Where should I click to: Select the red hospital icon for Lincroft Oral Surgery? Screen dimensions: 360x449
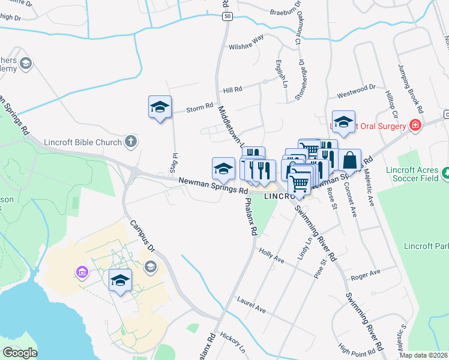(415, 125)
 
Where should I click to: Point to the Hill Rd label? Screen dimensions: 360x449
(232, 89)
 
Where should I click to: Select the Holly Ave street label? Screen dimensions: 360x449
(271, 256)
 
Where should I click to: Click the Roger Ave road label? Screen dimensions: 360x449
(366, 274)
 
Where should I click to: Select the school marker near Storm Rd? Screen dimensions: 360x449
(160, 107)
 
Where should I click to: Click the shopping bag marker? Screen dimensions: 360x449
(349, 160)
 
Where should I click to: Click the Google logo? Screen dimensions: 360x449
(20, 353)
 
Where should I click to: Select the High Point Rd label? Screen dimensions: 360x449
(360, 347)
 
